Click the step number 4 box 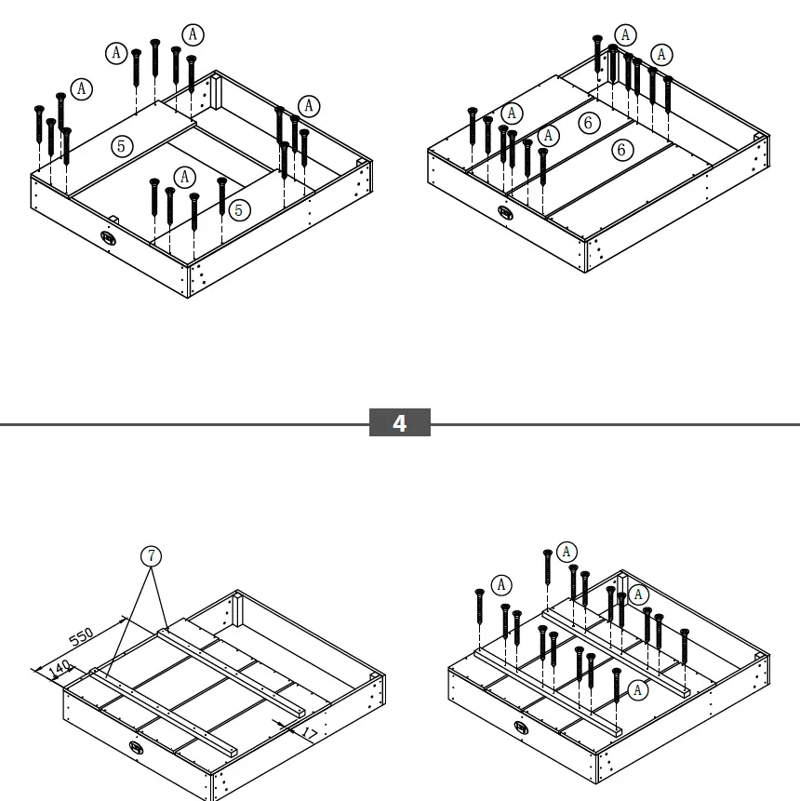(x=400, y=423)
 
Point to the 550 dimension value (x=82, y=637)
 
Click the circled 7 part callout (x=152, y=556)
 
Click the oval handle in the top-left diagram (x=110, y=237)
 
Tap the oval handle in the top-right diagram (x=505, y=212)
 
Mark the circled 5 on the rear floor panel (x=120, y=145)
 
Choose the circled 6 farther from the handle (x=588, y=122)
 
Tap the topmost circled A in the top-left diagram (x=193, y=34)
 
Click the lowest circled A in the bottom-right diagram (x=638, y=689)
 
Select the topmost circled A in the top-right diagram (x=626, y=35)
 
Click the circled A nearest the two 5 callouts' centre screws (x=185, y=176)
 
